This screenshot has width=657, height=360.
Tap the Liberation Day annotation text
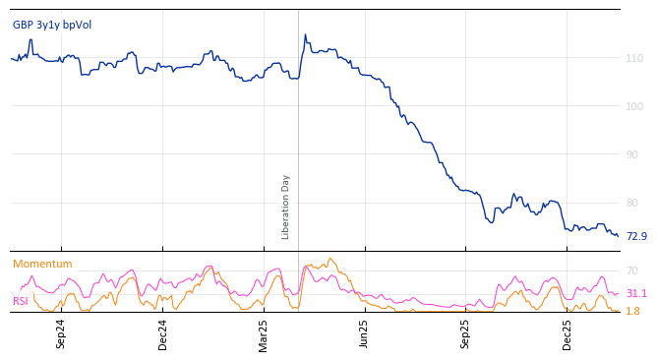pyautogui.click(x=286, y=207)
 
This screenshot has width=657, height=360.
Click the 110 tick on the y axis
pyautogui.click(x=634, y=59)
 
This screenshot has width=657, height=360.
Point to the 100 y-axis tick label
pyautogui.click(x=634, y=106)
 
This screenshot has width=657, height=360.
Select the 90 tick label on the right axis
pyautogui.click(x=634, y=154)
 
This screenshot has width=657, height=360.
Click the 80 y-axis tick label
pyautogui.click(x=634, y=203)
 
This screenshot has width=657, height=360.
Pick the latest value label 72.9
pyautogui.click(x=636, y=236)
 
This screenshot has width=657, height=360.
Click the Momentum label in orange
pyautogui.click(x=42, y=264)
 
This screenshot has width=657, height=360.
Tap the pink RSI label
pyautogui.click(x=21, y=301)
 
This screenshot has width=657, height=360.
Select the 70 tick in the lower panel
pyautogui.click(x=632, y=270)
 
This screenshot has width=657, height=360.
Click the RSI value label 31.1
pyautogui.click(x=636, y=293)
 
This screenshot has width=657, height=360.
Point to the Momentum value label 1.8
pyautogui.click(x=632, y=311)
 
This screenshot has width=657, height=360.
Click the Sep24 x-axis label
pyautogui.click(x=61, y=334)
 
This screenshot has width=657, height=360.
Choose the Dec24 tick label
pyautogui.click(x=162, y=334)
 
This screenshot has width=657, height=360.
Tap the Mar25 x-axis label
pyautogui.click(x=264, y=334)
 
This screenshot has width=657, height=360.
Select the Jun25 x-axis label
pyautogui.click(x=365, y=334)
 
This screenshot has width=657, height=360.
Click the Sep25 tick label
pyautogui.click(x=466, y=334)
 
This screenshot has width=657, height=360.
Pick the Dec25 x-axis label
pyautogui.click(x=567, y=334)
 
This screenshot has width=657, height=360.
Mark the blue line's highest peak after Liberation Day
pyautogui.click(x=305, y=35)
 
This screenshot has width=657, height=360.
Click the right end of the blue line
pyautogui.click(x=618, y=236)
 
